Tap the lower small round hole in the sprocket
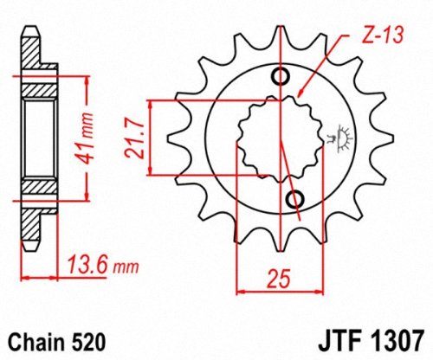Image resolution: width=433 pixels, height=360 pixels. tap(295, 201)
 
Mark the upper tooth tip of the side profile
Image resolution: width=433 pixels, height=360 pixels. tap(33, 31)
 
